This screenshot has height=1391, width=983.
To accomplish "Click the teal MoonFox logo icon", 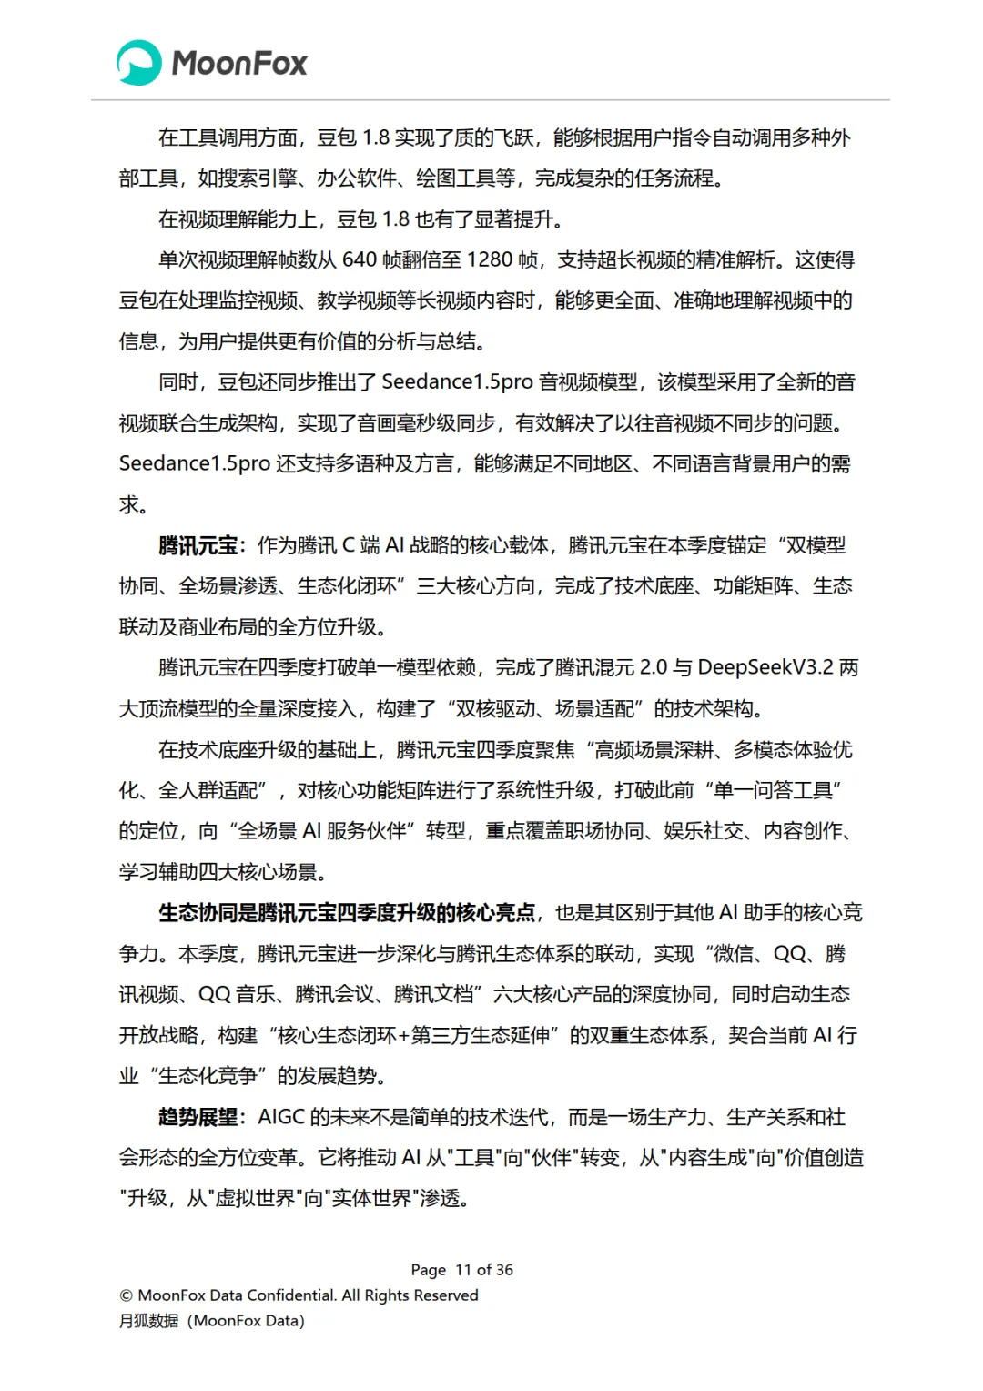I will pyautogui.click(x=139, y=63).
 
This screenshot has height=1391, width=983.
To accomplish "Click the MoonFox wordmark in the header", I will pyautogui.click(x=239, y=63).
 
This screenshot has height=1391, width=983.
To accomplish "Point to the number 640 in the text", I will pyautogui.click(x=359, y=260).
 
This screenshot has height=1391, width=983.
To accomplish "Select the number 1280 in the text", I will pyautogui.click(x=490, y=260).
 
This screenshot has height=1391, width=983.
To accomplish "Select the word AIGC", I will pyautogui.click(x=281, y=1117).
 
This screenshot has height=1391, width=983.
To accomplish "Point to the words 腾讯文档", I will pyautogui.click(x=433, y=994).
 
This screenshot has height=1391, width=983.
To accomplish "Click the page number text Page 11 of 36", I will pyautogui.click(x=461, y=1270).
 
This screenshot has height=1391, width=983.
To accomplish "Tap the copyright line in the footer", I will pyautogui.click(x=299, y=1295).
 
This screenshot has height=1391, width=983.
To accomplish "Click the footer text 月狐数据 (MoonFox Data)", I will pyautogui.click(x=211, y=1321).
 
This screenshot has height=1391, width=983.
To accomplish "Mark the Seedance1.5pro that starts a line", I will pyautogui.click(x=194, y=463).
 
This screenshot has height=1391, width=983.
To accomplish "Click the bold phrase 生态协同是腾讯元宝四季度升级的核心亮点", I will pyautogui.click(x=347, y=913).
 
